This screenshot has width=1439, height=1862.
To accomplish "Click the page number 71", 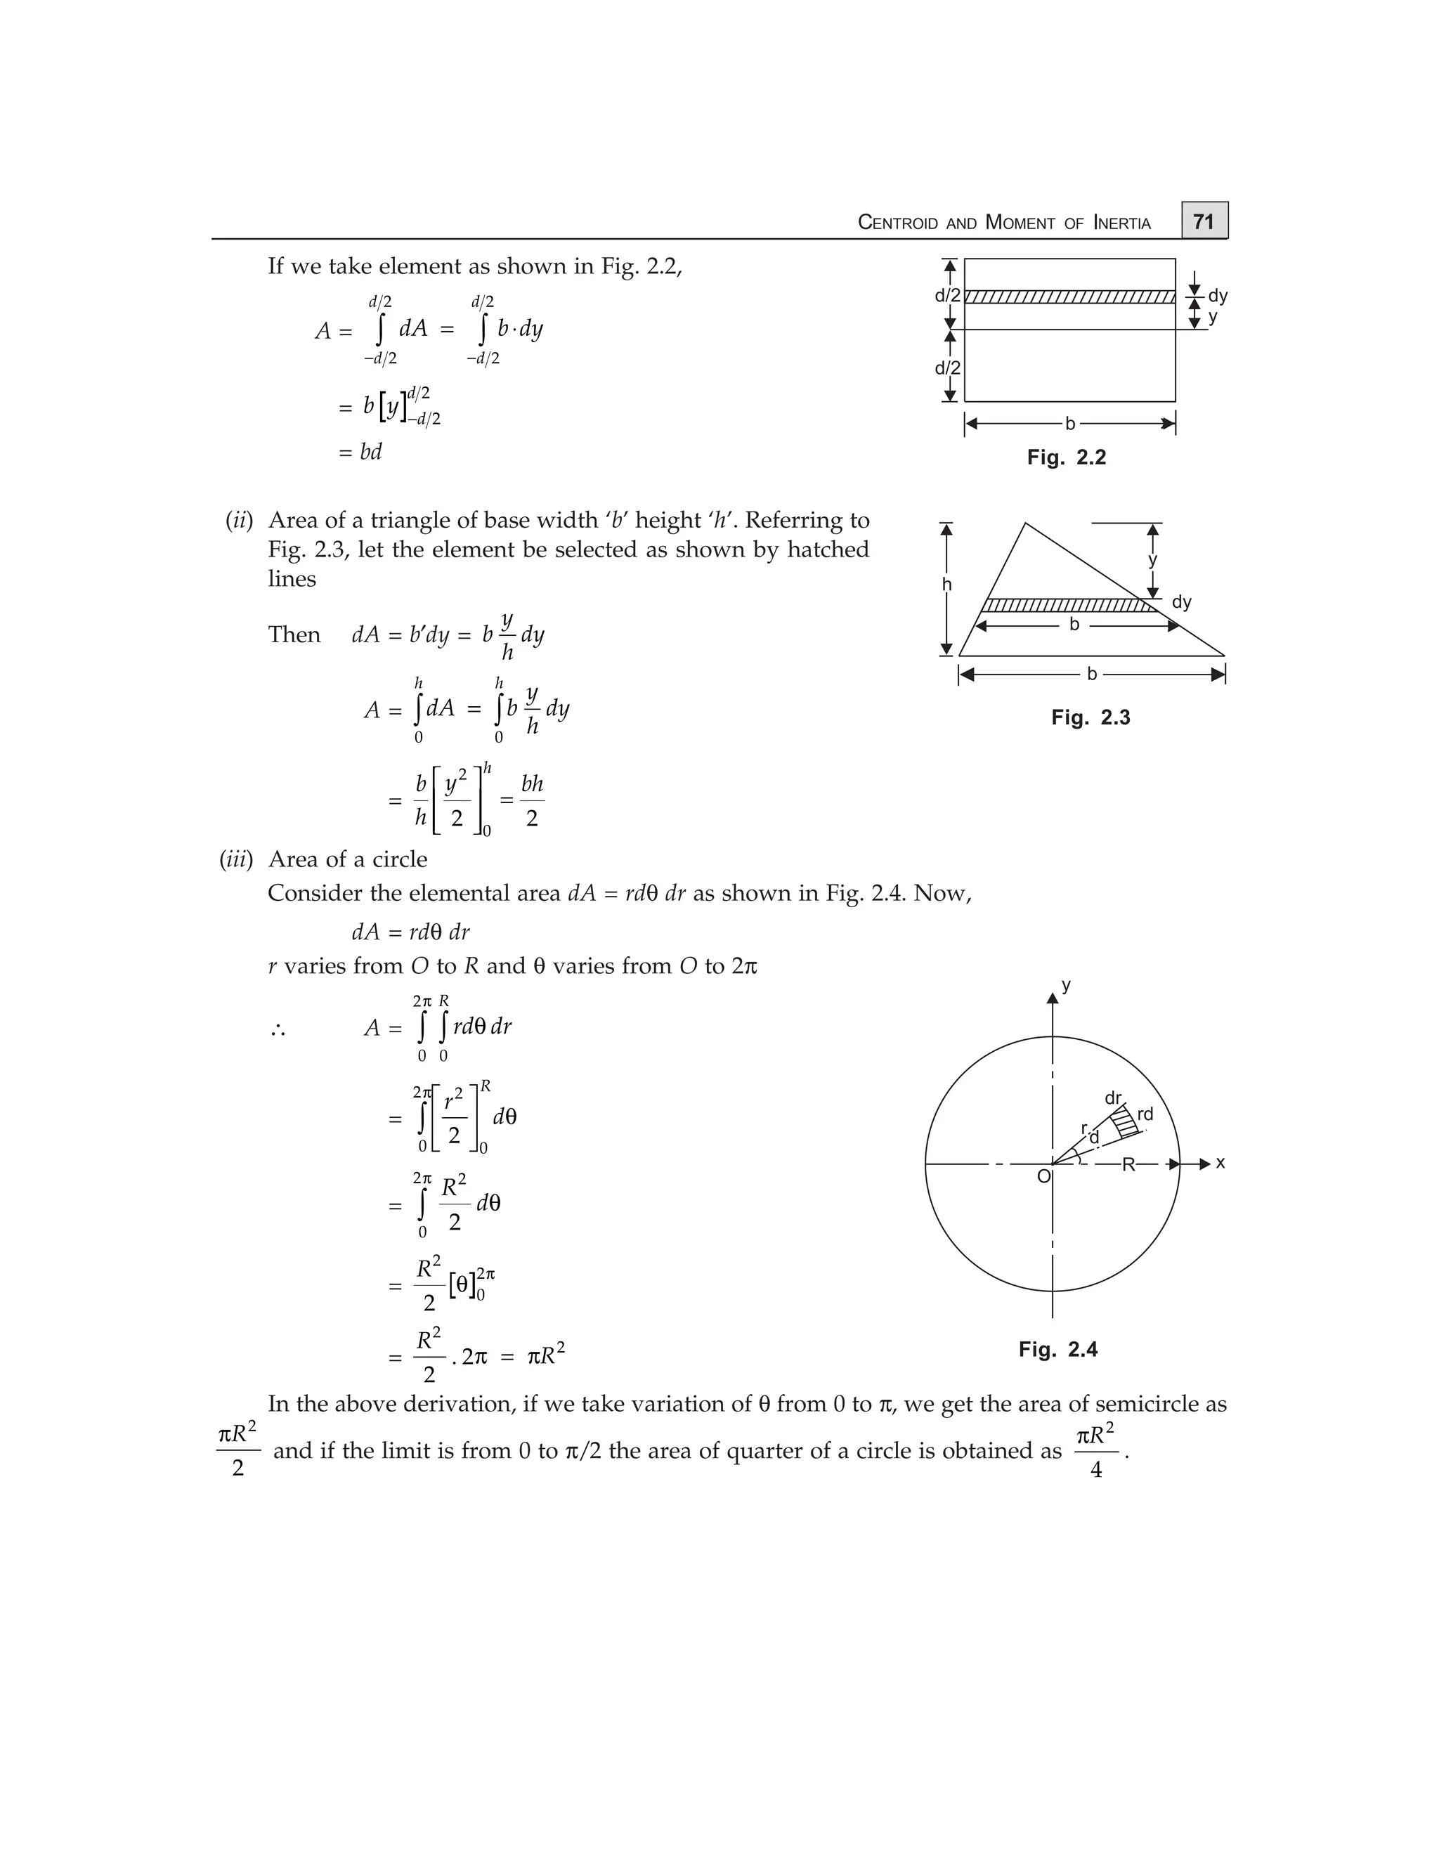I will (1203, 221).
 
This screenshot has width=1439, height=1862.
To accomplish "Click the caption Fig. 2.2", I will (1066, 458).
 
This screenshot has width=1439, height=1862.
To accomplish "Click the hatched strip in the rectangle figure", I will (1069, 297).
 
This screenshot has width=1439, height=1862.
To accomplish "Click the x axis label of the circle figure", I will (1220, 1163).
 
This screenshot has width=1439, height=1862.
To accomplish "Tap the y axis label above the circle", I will (1066, 986).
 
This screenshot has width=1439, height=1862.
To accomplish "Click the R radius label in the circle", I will (1128, 1164).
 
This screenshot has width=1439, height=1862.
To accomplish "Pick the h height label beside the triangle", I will (946, 585).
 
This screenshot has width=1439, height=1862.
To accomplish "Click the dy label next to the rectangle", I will (1218, 296).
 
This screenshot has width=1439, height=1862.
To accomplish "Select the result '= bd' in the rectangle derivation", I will (360, 452).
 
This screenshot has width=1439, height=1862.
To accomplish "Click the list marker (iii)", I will (236, 859).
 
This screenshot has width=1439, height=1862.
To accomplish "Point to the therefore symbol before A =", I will (277, 1031).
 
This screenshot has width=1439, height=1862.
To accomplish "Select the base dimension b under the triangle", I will (1091, 675).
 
